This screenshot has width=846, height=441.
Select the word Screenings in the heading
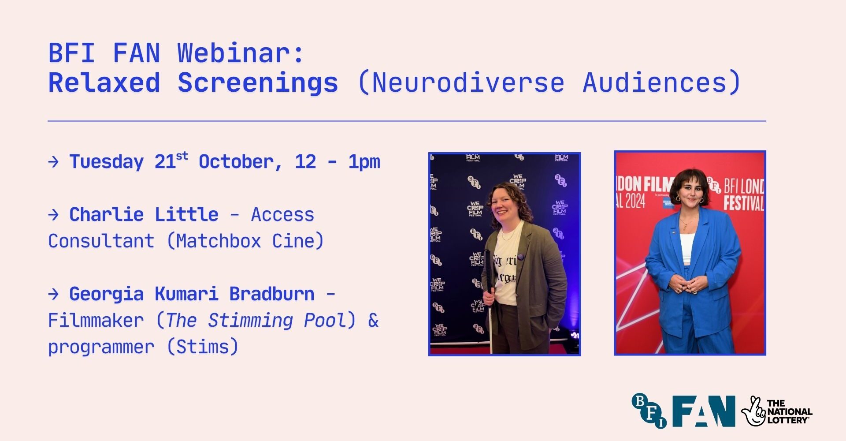point(258,83)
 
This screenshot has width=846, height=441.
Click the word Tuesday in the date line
point(107,162)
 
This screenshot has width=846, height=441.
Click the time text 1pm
point(364,162)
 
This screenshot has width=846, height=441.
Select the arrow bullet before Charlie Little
point(53,215)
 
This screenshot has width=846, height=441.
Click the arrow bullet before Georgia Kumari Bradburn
point(53,294)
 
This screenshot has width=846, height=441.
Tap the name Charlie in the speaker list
point(107,214)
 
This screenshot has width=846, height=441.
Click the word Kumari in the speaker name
point(186,294)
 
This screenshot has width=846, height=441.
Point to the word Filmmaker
point(96,320)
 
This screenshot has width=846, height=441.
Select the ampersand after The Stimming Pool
point(373,321)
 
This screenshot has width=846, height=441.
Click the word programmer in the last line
point(101,348)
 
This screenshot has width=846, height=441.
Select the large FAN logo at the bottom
point(704,411)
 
